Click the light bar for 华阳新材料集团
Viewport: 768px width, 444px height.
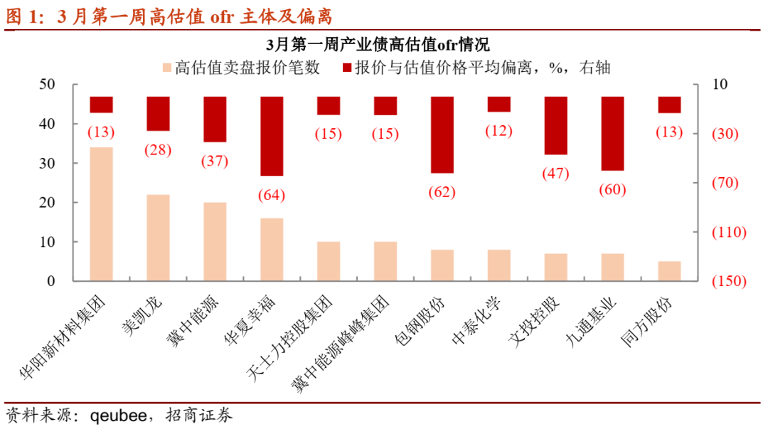click(x=101, y=214)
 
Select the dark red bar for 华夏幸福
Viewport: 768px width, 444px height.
click(x=272, y=136)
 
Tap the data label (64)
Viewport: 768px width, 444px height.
click(x=272, y=195)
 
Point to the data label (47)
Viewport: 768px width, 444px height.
click(x=555, y=174)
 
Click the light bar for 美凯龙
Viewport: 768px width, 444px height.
click(x=158, y=238)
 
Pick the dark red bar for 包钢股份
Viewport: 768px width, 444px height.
click(x=442, y=134)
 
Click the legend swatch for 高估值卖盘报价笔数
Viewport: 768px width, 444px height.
click(x=167, y=68)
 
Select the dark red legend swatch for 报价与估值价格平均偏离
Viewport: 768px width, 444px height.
click(x=348, y=68)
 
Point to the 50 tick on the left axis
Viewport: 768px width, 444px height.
click(x=46, y=85)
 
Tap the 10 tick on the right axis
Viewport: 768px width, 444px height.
click(x=720, y=85)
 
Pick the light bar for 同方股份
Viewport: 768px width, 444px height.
click(x=669, y=271)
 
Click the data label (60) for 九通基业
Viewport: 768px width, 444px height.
click(x=612, y=189)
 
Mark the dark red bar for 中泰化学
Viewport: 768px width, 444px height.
click(x=498, y=104)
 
